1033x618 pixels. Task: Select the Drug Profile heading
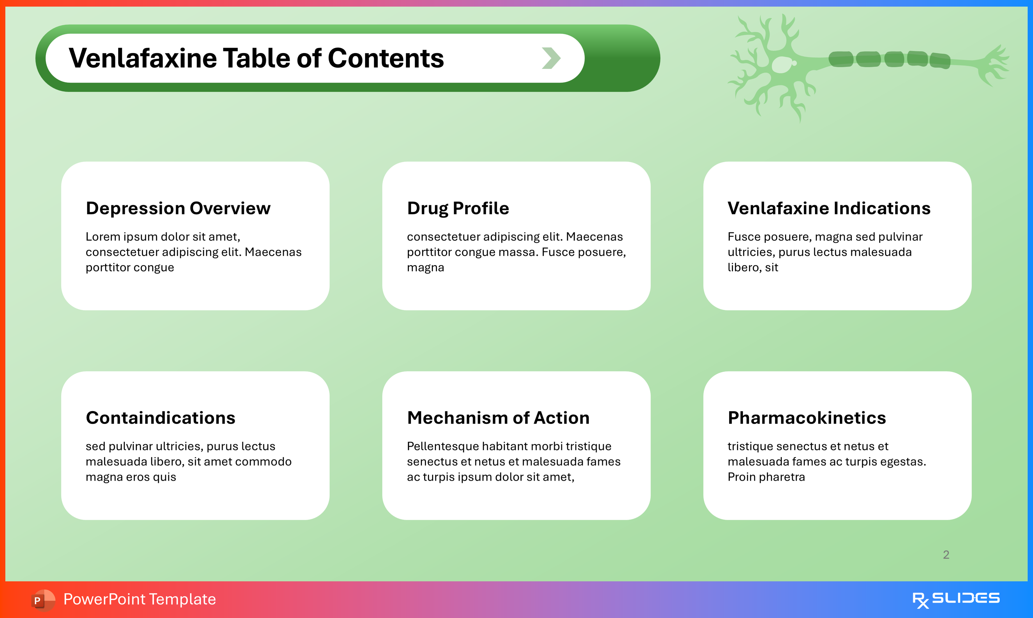[458, 208]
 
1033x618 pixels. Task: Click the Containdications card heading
[160, 418]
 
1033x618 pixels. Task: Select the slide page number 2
[946, 555]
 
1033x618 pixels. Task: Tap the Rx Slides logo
[956, 600]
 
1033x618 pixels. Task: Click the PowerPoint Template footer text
[139, 599]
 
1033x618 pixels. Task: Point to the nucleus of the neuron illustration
[782, 65]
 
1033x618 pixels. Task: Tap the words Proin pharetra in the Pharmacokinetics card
[766, 477]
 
